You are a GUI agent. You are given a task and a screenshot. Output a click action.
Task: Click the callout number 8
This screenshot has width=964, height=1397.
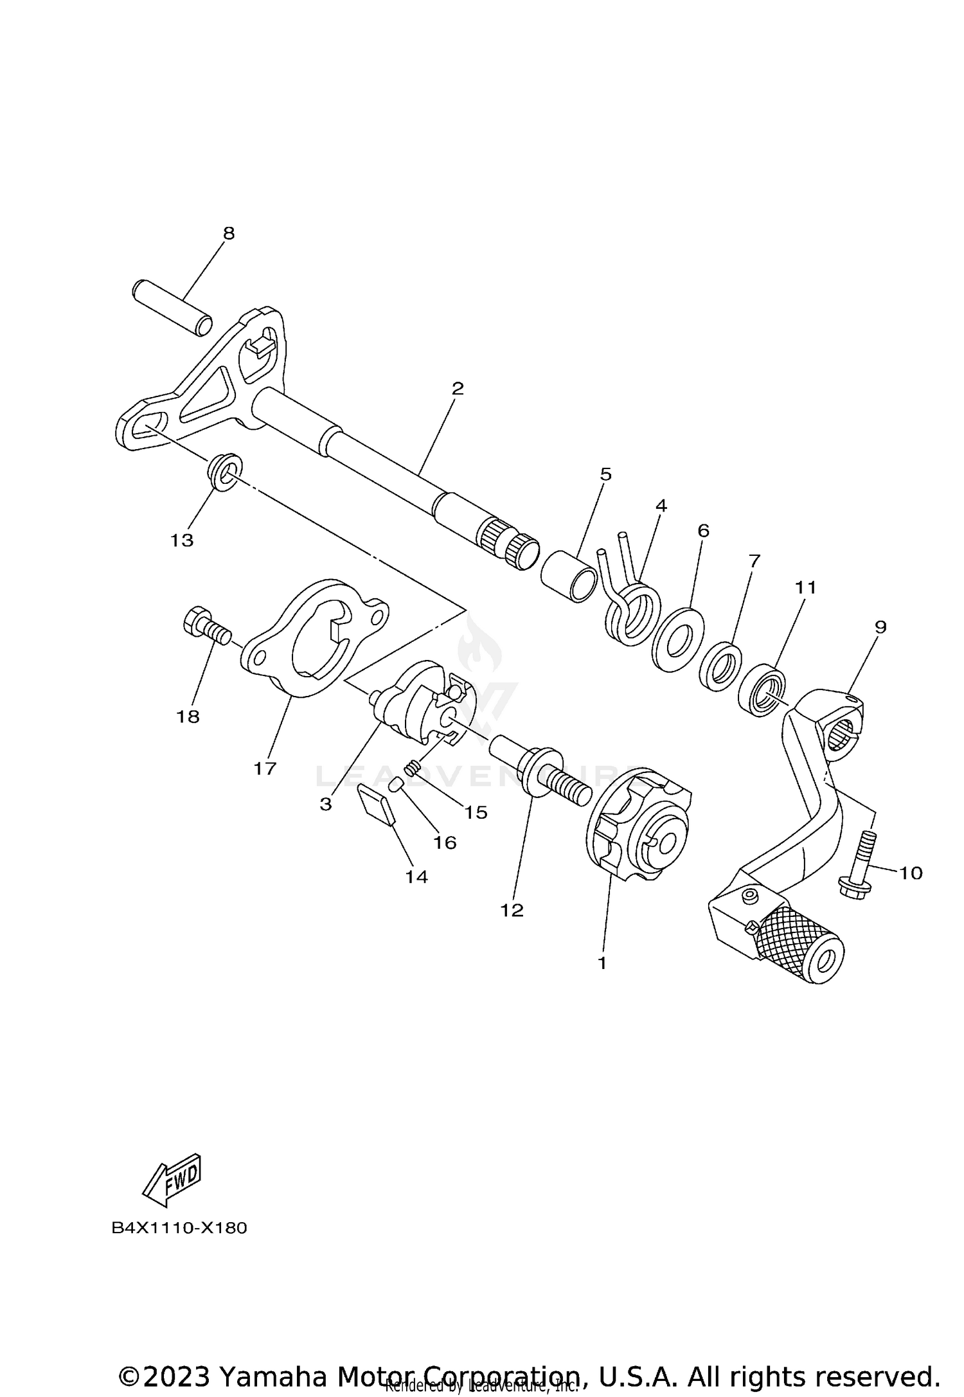tap(229, 233)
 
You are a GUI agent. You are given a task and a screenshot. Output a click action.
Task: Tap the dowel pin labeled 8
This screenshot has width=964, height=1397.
tap(172, 307)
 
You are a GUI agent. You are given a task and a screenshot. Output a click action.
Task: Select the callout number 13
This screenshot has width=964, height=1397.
tap(182, 540)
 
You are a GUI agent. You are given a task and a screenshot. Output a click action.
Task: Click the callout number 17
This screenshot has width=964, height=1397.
tap(265, 768)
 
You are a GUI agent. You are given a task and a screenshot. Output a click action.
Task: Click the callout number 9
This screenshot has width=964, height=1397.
tap(880, 627)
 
